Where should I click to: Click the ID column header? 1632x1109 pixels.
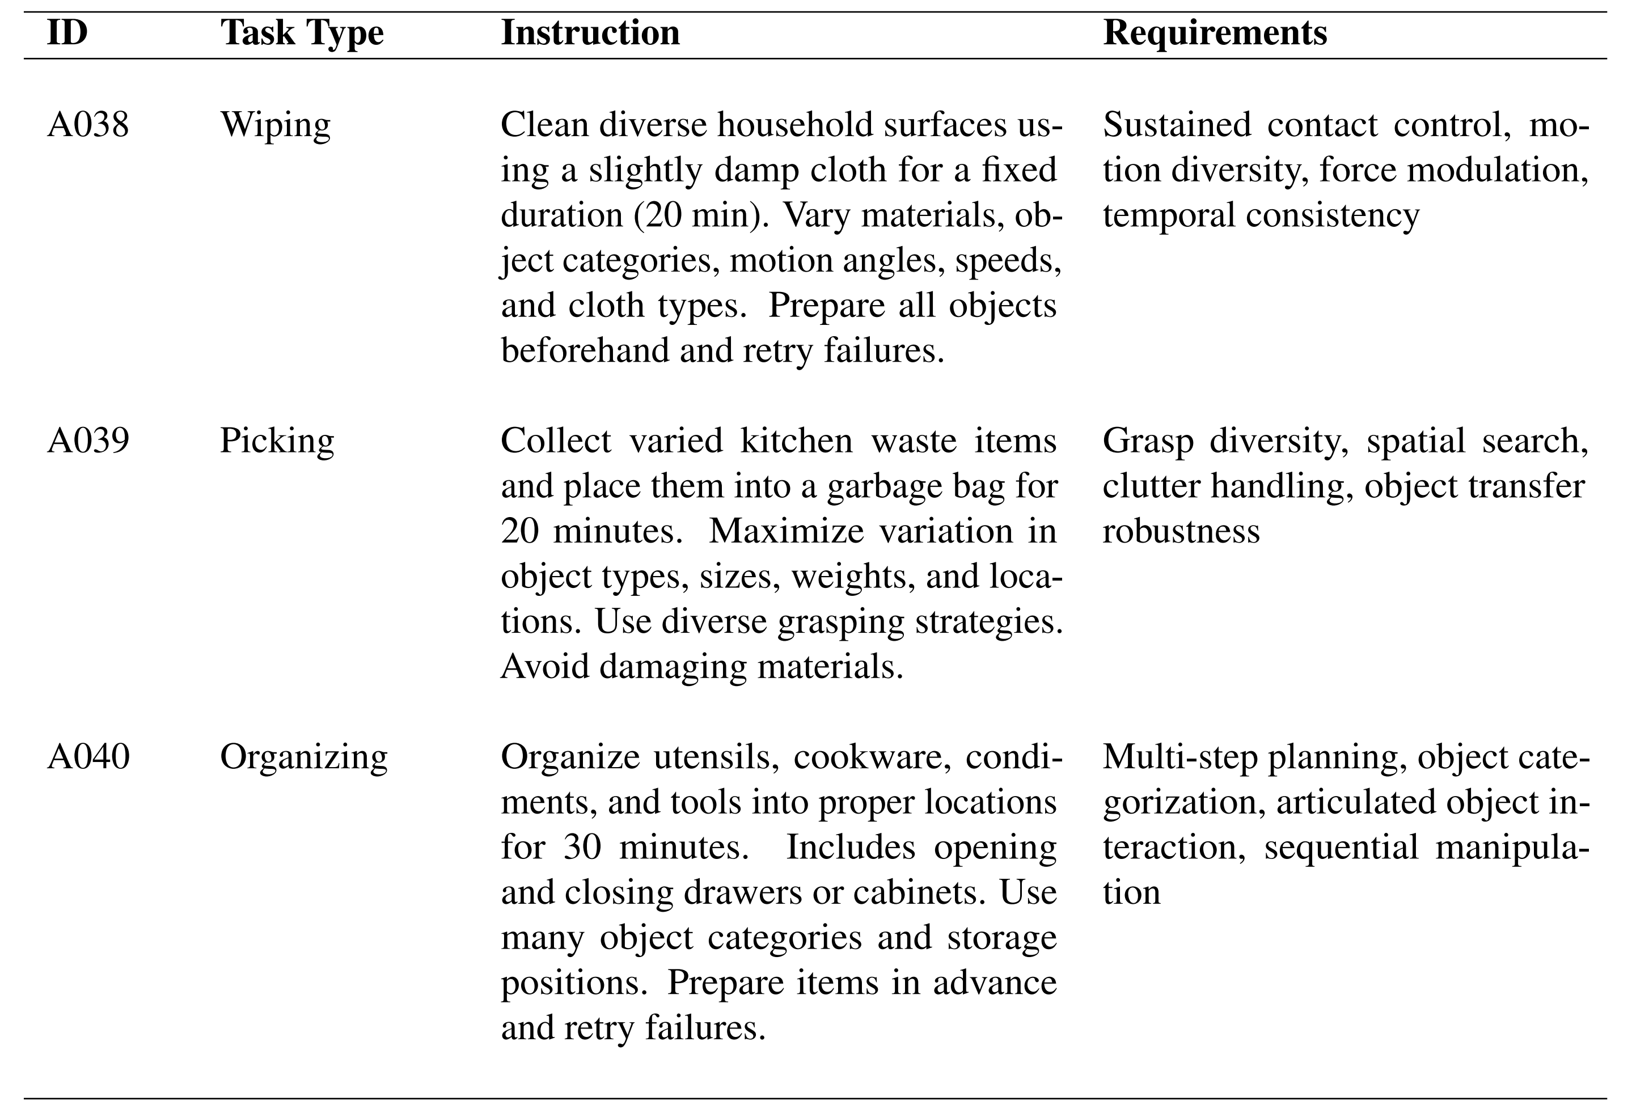[67, 33]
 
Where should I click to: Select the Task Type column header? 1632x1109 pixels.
[302, 33]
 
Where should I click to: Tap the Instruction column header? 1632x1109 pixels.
[590, 33]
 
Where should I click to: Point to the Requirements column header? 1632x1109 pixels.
[1215, 33]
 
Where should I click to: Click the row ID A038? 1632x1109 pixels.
[88, 125]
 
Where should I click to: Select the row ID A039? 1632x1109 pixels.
[88, 441]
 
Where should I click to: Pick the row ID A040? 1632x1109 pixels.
[88, 757]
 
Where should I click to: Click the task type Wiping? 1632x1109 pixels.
[274, 125]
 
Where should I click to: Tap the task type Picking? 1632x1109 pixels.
[277, 441]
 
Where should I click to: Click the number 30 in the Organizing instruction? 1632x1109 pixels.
[583, 847]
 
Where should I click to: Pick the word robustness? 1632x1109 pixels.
[1181, 531]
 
